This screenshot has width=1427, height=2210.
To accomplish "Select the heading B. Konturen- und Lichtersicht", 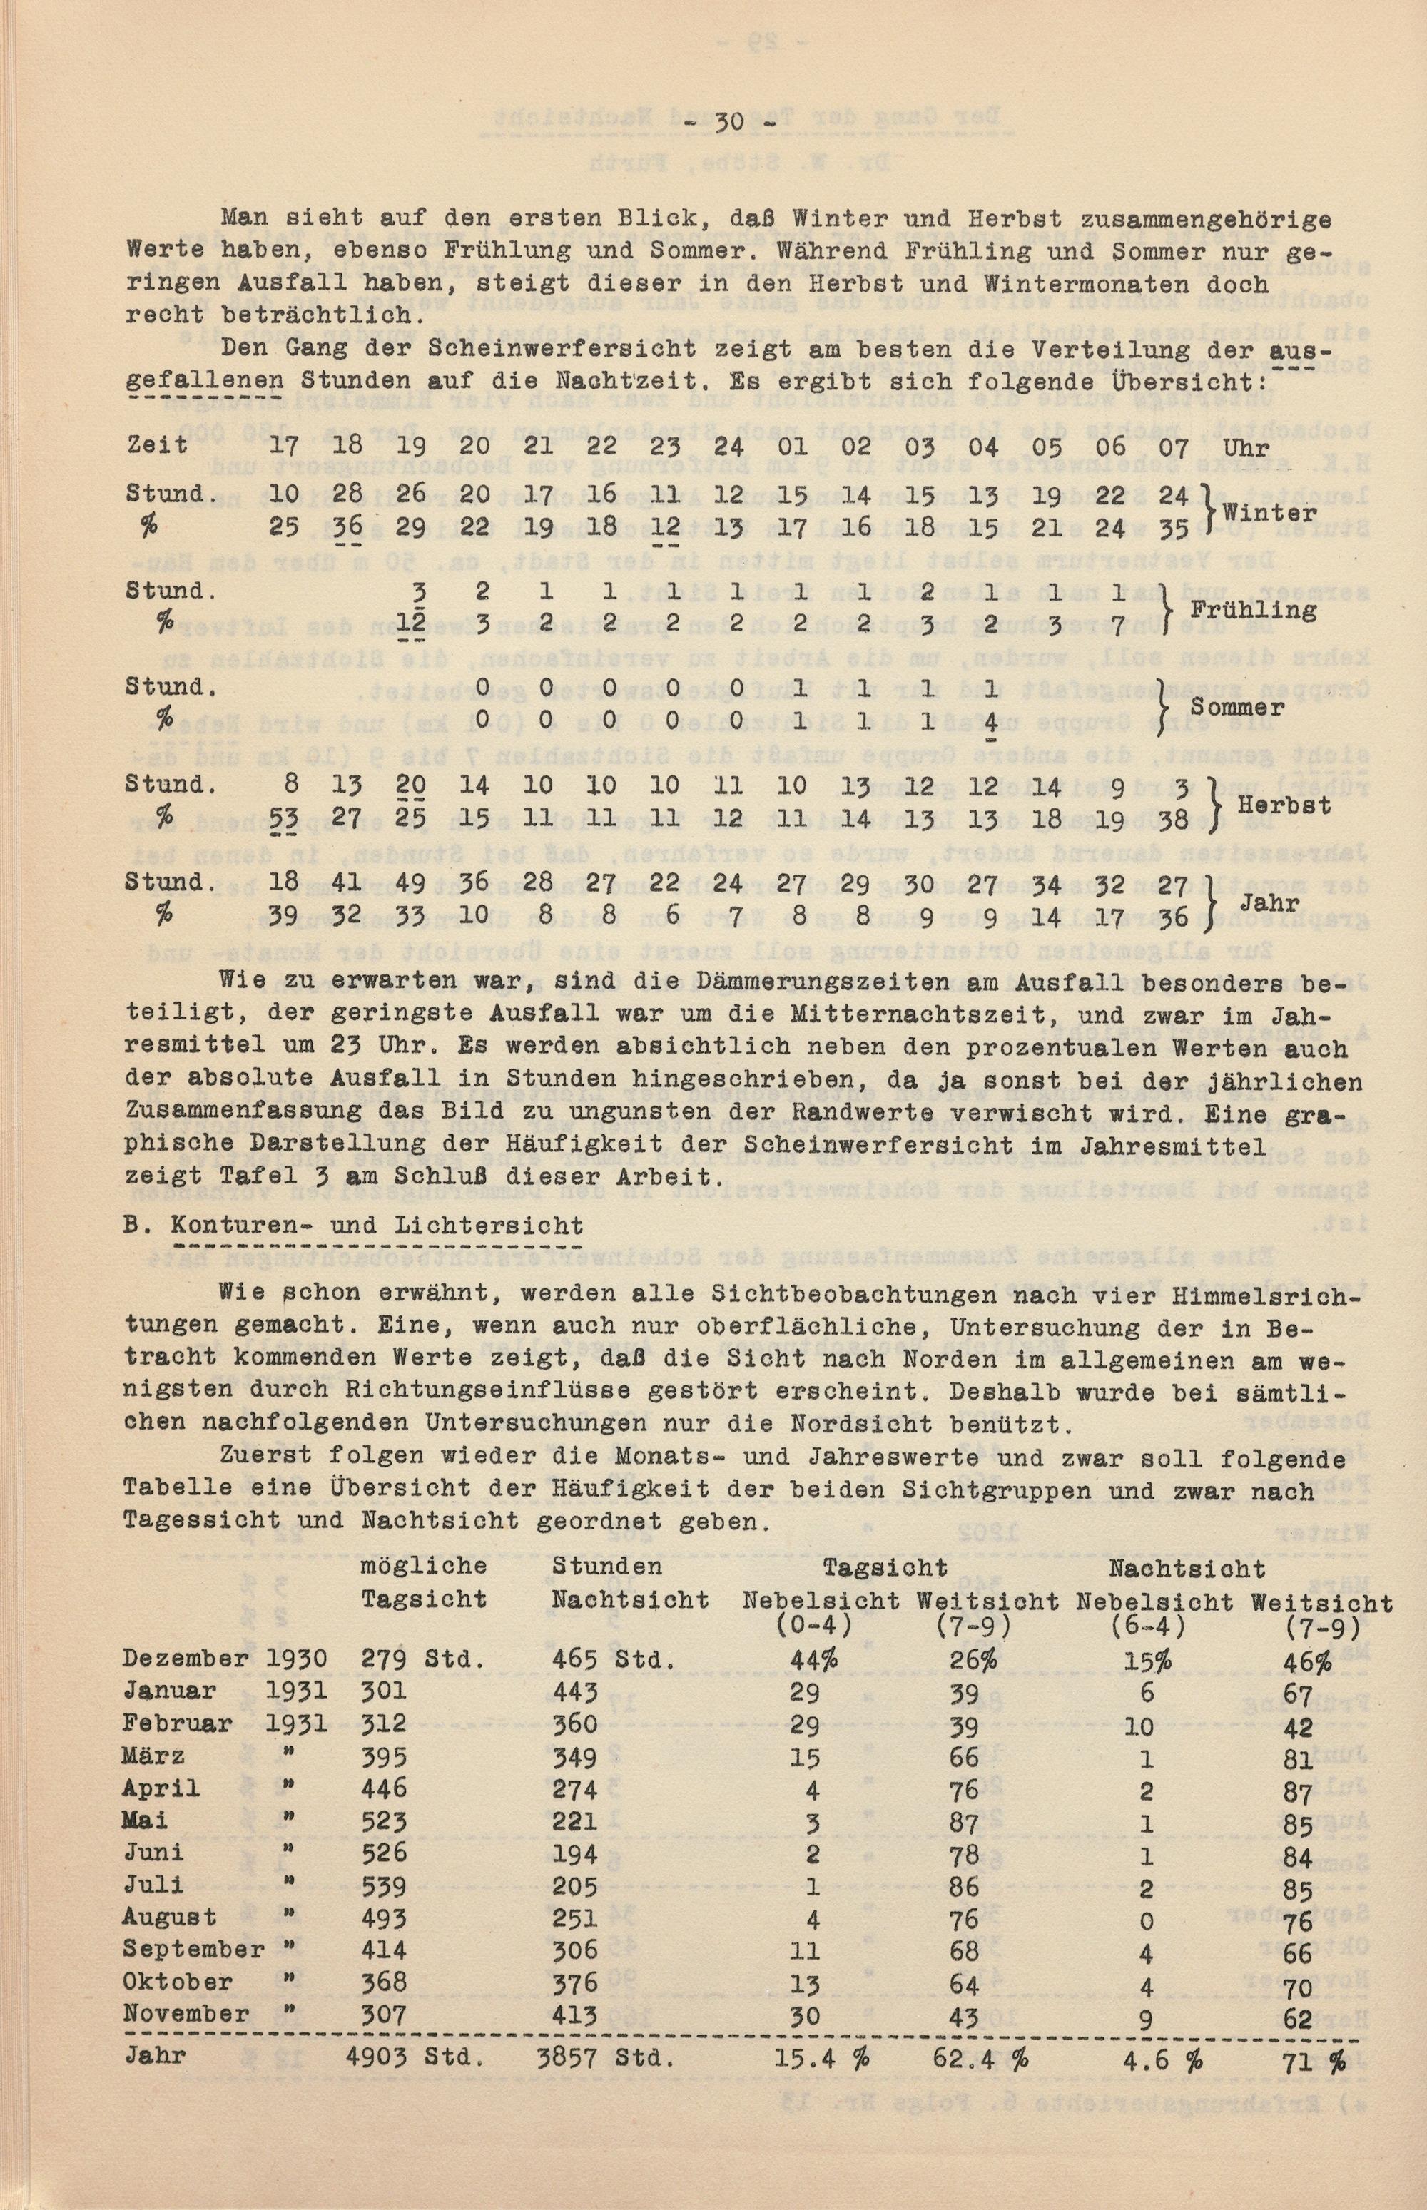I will point(354,1223).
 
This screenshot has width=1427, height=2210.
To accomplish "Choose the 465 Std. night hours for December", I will point(611,1659).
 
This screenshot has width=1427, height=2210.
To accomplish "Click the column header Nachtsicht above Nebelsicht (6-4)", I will point(1187,1567).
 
